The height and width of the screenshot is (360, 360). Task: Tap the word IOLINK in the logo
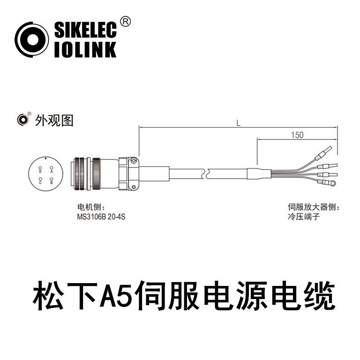coord(85,49)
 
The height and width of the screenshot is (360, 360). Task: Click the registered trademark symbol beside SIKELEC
coord(125,21)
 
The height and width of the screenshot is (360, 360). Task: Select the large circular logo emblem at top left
coord(32,40)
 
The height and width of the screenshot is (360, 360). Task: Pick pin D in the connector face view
coord(40,172)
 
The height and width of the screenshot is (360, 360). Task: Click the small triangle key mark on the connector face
coord(45,159)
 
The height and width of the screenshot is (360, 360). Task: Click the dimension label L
coord(239,123)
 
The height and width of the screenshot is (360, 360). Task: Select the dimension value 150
coord(297,135)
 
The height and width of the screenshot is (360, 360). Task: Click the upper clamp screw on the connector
coord(133,161)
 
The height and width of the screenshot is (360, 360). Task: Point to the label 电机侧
coord(89,207)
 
